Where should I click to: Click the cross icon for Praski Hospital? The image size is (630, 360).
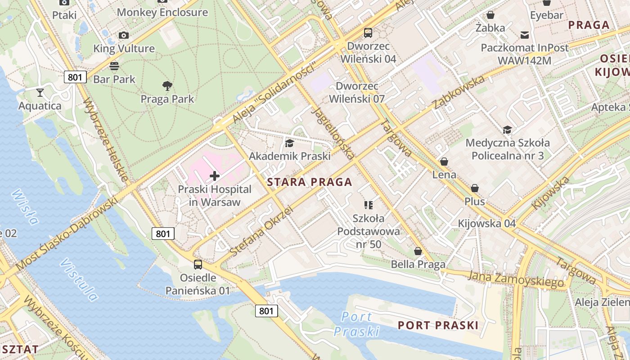pyautogui.click(x=215, y=176)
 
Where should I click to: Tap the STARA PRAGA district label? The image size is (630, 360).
pyautogui.click(x=309, y=182)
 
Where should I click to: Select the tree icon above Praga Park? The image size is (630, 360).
pyautogui.click(x=167, y=85)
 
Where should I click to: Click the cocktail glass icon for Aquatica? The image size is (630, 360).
pyautogui.click(x=40, y=93)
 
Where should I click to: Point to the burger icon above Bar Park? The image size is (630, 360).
pyautogui.click(x=114, y=66)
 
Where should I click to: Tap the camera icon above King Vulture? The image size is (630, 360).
pyautogui.click(x=123, y=35)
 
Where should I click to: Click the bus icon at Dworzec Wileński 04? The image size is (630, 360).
pyautogui.click(x=368, y=32)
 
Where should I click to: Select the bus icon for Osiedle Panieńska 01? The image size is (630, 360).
pyautogui.click(x=198, y=265)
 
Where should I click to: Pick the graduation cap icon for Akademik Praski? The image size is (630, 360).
pyautogui.click(x=289, y=143)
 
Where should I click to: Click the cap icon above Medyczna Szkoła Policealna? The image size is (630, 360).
pyautogui.click(x=507, y=130)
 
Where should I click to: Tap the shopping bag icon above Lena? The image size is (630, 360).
pyautogui.click(x=444, y=161)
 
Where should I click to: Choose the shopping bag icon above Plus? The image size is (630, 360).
pyautogui.click(x=475, y=188)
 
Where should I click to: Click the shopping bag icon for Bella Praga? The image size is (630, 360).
pyautogui.click(x=418, y=251)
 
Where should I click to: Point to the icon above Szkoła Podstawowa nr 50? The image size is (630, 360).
pyautogui.click(x=369, y=205)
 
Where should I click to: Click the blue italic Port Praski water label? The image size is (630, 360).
pyautogui.click(x=356, y=324)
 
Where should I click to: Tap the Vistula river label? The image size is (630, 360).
pyautogui.click(x=79, y=279)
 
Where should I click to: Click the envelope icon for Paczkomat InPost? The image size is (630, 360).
pyautogui.click(x=524, y=35)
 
